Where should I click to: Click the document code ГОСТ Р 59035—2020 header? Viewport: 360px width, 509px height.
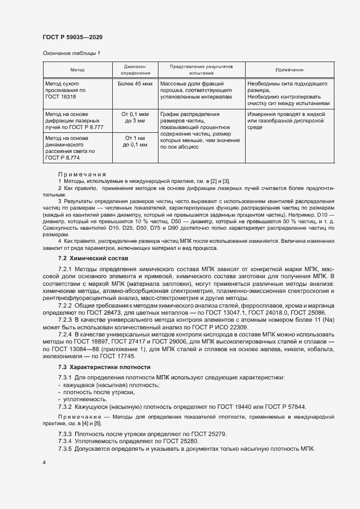pyautogui.click(x=72, y=37)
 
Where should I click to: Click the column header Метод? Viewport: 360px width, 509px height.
pyautogui.click(x=77, y=70)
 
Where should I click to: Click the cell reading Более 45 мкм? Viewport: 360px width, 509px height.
pyautogui.click(x=135, y=84)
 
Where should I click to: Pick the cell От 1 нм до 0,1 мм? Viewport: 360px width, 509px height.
pyautogui.click(x=135, y=142)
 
